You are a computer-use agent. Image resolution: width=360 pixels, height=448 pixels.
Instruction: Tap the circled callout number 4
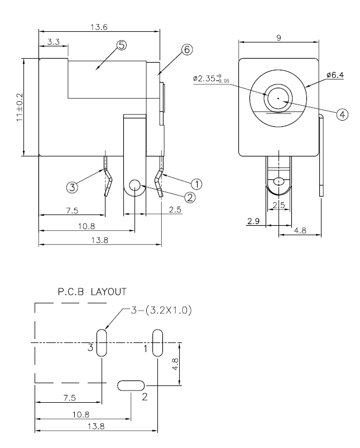pyautogui.click(x=343, y=113)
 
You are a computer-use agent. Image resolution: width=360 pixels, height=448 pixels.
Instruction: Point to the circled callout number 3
pyautogui.click(x=73, y=188)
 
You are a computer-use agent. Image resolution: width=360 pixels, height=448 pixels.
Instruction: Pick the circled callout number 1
pyautogui.click(x=197, y=183)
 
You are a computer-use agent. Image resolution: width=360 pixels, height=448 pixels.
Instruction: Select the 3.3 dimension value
pyautogui.click(x=54, y=41)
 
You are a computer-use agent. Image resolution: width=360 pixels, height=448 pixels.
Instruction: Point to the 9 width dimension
pyautogui.click(x=278, y=37)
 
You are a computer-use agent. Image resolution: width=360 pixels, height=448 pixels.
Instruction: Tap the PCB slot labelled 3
pyautogui.click(x=102, y=342)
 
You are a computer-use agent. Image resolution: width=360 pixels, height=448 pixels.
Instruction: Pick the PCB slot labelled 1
pyautogui.click(x=157, y=342)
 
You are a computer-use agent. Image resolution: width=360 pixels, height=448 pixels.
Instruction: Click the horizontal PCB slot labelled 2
pyautogui.click(x=131, y=385)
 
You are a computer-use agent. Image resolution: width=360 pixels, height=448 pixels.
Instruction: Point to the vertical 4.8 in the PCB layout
pyautogui.click(x=175, y=364)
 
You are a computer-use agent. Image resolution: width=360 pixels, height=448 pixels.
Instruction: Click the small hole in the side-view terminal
pyautogui.click(x=135, y=185)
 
